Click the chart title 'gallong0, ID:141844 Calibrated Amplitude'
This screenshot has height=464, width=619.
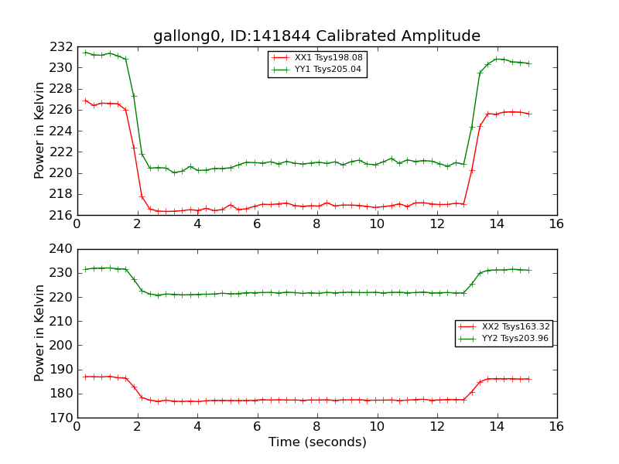316,36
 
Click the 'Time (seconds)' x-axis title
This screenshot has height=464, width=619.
317,442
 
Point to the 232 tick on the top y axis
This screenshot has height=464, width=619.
63,47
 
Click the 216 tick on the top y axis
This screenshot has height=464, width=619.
63,215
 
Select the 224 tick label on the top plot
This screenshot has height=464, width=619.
63,131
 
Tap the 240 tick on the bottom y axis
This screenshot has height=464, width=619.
63,250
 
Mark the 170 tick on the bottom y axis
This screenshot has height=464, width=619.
63,418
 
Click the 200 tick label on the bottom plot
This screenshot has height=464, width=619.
63,346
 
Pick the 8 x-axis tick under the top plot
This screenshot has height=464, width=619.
316,225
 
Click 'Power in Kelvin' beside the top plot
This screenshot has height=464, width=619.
40,131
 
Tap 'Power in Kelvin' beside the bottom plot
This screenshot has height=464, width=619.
40,333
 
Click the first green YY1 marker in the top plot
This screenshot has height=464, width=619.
85,53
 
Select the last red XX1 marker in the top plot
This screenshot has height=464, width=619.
529,114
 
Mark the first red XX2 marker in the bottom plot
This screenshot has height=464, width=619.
85,377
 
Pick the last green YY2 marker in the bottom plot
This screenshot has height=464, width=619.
529,270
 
